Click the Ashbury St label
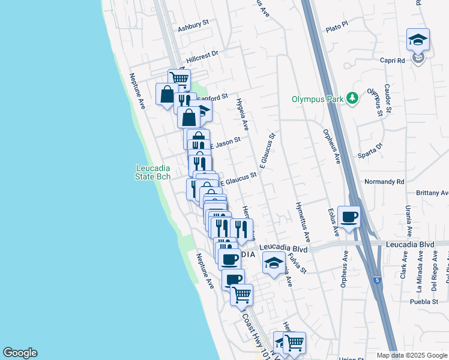[193, 29]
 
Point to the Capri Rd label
[392, 60]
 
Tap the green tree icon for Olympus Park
[353, 98]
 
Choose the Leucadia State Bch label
[152, 172]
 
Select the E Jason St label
[225, 143]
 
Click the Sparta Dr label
[371, 147]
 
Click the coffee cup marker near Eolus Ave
[348, 217]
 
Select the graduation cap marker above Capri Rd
[418, 40]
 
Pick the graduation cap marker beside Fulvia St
[274, 263]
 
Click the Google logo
[20, 353]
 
